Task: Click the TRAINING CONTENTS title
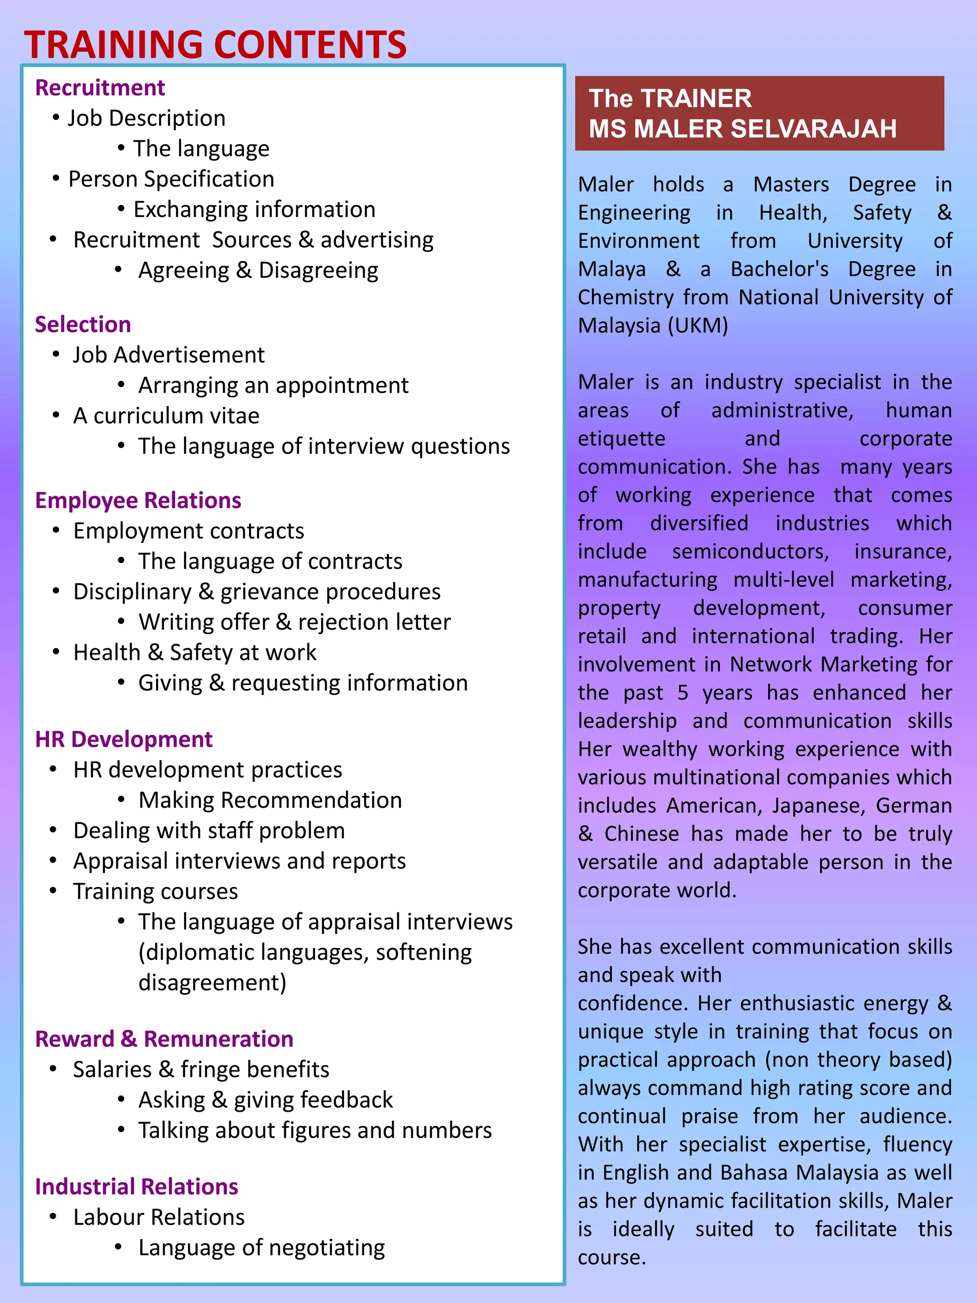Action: pyautogui.click(x=215, y=45)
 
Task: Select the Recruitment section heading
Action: pyautogui.click(x=100, y=88)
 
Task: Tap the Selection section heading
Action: pyautogui.click(x=83, y=324)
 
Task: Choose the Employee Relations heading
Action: pyautogui.click(x=138, y=500)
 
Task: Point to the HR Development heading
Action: pyautogui.click(x=124, y=739)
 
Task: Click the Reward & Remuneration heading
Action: pyautogui.click(x=164, y=1039)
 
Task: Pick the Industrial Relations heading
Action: pyautogui.click(x=136, y=1187)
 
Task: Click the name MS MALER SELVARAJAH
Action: pyautogui.click(x=743, y=129)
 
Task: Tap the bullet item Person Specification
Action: pyautogui.click(x=171, y=179)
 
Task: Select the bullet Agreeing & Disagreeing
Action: pyautogui.click(x=258, y=271)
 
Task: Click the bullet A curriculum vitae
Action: pyautogui.click(x=166, y=416)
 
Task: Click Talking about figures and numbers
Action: pyautogui.click(x=314, y=1130)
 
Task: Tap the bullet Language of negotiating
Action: pyautogui.click(x=261, y=1248)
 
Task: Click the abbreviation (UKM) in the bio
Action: pyautogui.click(x=698, y=326)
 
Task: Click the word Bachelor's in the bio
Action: pyautogui.click(x=779, y=269)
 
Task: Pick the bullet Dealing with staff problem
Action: pyautogui.click(x=209, y=831)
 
